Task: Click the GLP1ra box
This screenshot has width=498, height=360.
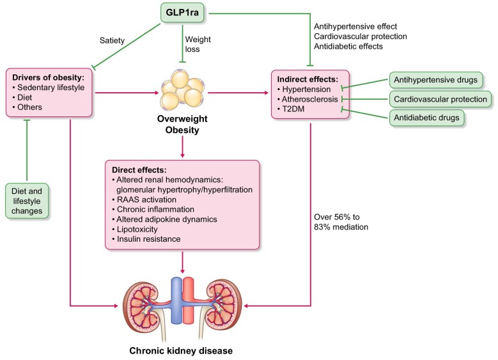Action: tap(182, 13)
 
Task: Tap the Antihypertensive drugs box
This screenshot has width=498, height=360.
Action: tap(435, 80)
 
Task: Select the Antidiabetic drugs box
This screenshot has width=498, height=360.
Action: tap(426, 118)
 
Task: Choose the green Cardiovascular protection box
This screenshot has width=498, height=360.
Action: tap(440, 99)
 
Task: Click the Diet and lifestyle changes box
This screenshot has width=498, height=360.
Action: tap(27, 201)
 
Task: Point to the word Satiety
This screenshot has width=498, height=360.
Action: tap(112, 40)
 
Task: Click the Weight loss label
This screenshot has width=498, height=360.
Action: tap(198, 44)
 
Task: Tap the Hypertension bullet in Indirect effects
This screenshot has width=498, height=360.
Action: tap(304, 90)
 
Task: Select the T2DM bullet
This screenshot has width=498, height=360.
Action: tap(291, 109)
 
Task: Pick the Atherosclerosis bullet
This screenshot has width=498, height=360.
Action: tap(307, 99)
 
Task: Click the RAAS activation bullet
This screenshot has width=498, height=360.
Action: tap(144, 200)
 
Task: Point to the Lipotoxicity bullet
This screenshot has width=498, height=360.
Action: tap(135, 229)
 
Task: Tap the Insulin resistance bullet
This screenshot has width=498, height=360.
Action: tap(146, 239)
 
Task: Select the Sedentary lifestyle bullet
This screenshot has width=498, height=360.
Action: tap(49, 88)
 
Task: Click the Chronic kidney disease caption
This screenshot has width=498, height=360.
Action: tap(181, 351)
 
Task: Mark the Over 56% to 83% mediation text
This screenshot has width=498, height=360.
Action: tap(341, 222)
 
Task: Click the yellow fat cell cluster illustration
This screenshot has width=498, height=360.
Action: tap(182, 90)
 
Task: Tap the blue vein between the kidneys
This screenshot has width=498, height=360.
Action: tap(176, 301)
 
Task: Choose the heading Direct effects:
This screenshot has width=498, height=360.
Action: tap(139, 169)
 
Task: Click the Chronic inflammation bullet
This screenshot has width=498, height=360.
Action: tap(153, 209)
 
